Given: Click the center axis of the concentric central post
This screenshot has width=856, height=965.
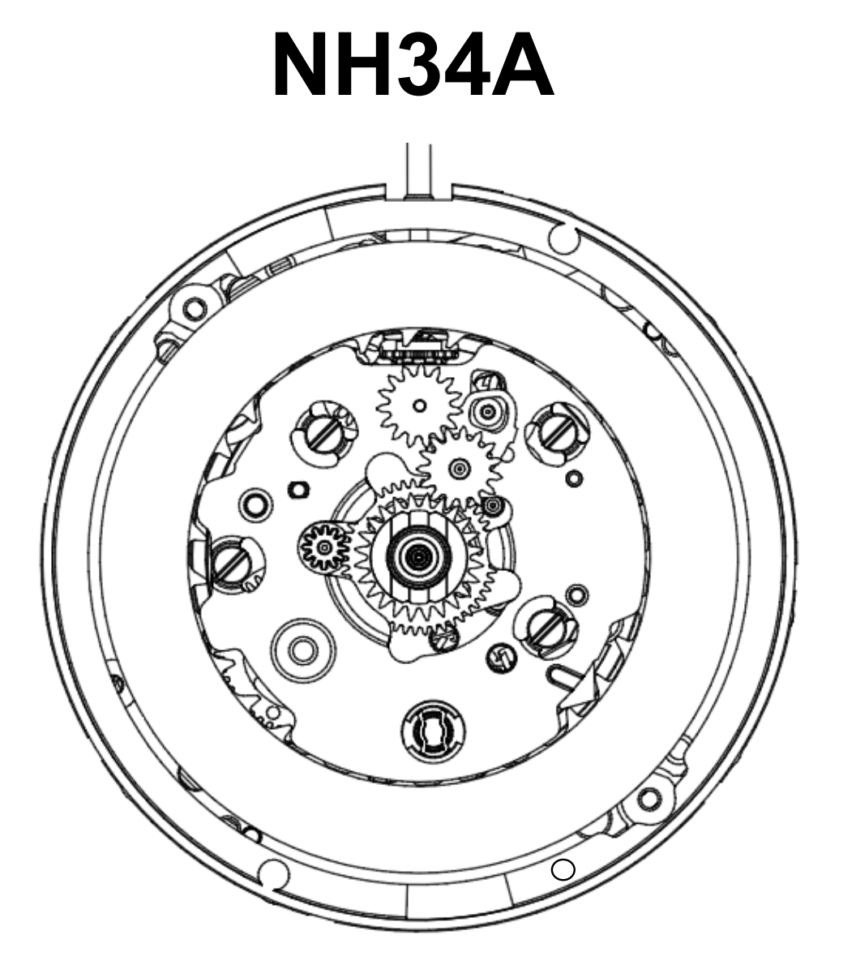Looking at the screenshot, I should (418, 556).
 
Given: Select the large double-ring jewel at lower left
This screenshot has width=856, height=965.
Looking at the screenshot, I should (303, 648).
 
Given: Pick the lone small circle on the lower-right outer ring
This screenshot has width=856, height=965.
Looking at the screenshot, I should (563, 870).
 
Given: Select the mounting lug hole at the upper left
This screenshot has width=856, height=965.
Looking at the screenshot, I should (193, 309).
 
